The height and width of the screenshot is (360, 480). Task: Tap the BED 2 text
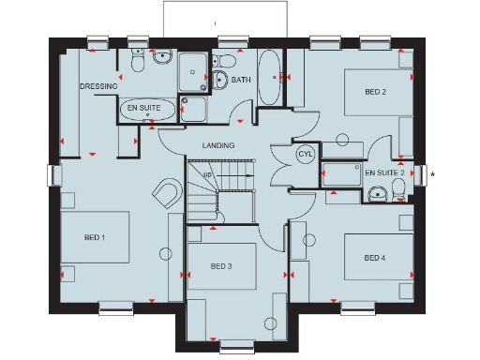[375, 91]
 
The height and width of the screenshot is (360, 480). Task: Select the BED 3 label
[221, 266]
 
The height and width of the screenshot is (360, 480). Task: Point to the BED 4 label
[375, 258]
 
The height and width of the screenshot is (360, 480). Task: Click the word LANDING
[218, 146]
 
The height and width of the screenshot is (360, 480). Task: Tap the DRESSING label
[97, 86]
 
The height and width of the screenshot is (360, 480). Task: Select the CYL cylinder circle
[305, 154]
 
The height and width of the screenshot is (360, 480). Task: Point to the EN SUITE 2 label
[384, 173]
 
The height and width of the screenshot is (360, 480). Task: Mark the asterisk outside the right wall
[432, 174]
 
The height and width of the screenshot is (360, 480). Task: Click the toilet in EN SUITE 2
[400, 189]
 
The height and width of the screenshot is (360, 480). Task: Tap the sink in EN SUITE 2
[378, 194]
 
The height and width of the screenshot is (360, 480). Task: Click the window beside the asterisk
[424, 174]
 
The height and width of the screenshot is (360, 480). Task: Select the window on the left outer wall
[54, 175]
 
